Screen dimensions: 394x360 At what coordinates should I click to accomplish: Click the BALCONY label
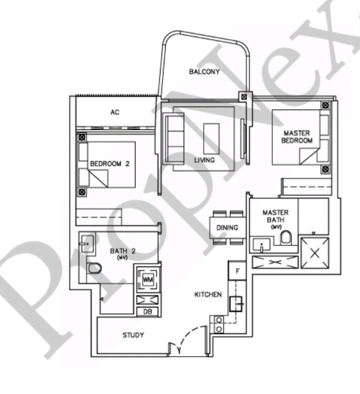(x=204, y=72)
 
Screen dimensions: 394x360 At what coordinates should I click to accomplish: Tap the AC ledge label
(x=115, y=112)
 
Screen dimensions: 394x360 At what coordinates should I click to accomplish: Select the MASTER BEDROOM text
(x=297, y=137)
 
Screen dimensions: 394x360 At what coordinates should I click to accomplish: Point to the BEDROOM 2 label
(x=109, y=164)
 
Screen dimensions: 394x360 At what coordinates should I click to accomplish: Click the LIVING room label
(x=204, y=160)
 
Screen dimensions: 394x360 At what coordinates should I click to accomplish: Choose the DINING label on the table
(x=228, y=228)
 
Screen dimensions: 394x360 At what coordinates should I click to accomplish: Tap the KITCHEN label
(x=208, y=294)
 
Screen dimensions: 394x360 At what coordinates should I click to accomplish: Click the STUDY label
(x=133, y=335)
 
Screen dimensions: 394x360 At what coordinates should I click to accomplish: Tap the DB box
(x=147, y=312)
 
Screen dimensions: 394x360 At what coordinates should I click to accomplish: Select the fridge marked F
(x=237, y=271)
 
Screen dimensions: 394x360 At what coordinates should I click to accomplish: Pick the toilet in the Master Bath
(x=286, y=237)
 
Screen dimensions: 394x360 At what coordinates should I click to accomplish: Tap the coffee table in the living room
(x=211, y=138)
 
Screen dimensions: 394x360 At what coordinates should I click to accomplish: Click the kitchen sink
(x=235, y=304)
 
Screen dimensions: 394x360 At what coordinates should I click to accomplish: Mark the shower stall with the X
(x=315, y=252)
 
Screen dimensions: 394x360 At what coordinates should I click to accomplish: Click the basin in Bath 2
(x=87, y=243)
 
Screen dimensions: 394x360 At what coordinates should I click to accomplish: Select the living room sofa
(x=173, y=138)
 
